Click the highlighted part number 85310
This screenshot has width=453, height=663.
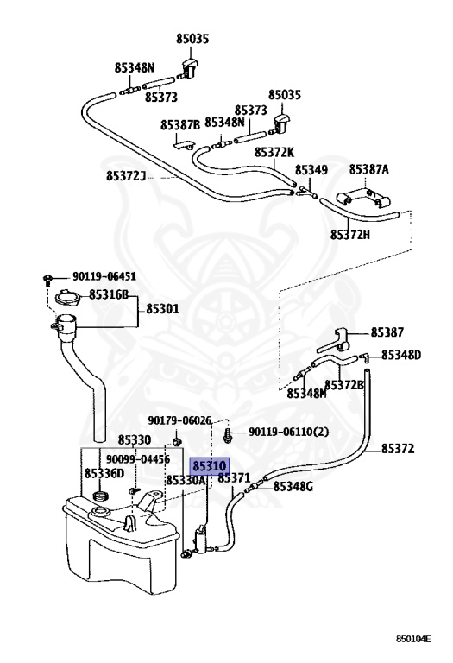click(210, 466)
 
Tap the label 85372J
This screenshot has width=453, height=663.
click(125, 175)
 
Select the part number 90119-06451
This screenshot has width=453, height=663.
click(104, 276)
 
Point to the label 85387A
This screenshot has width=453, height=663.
click(368, 169)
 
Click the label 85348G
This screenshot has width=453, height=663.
click(293, 487)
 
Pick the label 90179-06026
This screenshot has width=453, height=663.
click(179, 420)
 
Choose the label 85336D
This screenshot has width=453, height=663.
click(104, 473)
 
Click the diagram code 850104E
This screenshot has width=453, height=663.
click(413, 639)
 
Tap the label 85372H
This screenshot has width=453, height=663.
click(350, 234)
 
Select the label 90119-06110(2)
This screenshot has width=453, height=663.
click(288, 432)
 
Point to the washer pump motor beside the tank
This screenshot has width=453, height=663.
click(201, 539)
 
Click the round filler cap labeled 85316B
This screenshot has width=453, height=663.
click(67, 297)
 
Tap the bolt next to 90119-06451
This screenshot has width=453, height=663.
click(47, 279)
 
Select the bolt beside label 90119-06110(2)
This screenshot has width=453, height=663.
click(228, 435)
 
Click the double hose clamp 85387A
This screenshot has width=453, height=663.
click(362, 199)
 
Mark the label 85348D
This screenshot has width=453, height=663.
click(401, 355)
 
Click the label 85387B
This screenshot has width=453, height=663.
click(180, 125)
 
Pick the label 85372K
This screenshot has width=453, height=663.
click(274, 152)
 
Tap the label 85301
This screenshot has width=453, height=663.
click(163, 309)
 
